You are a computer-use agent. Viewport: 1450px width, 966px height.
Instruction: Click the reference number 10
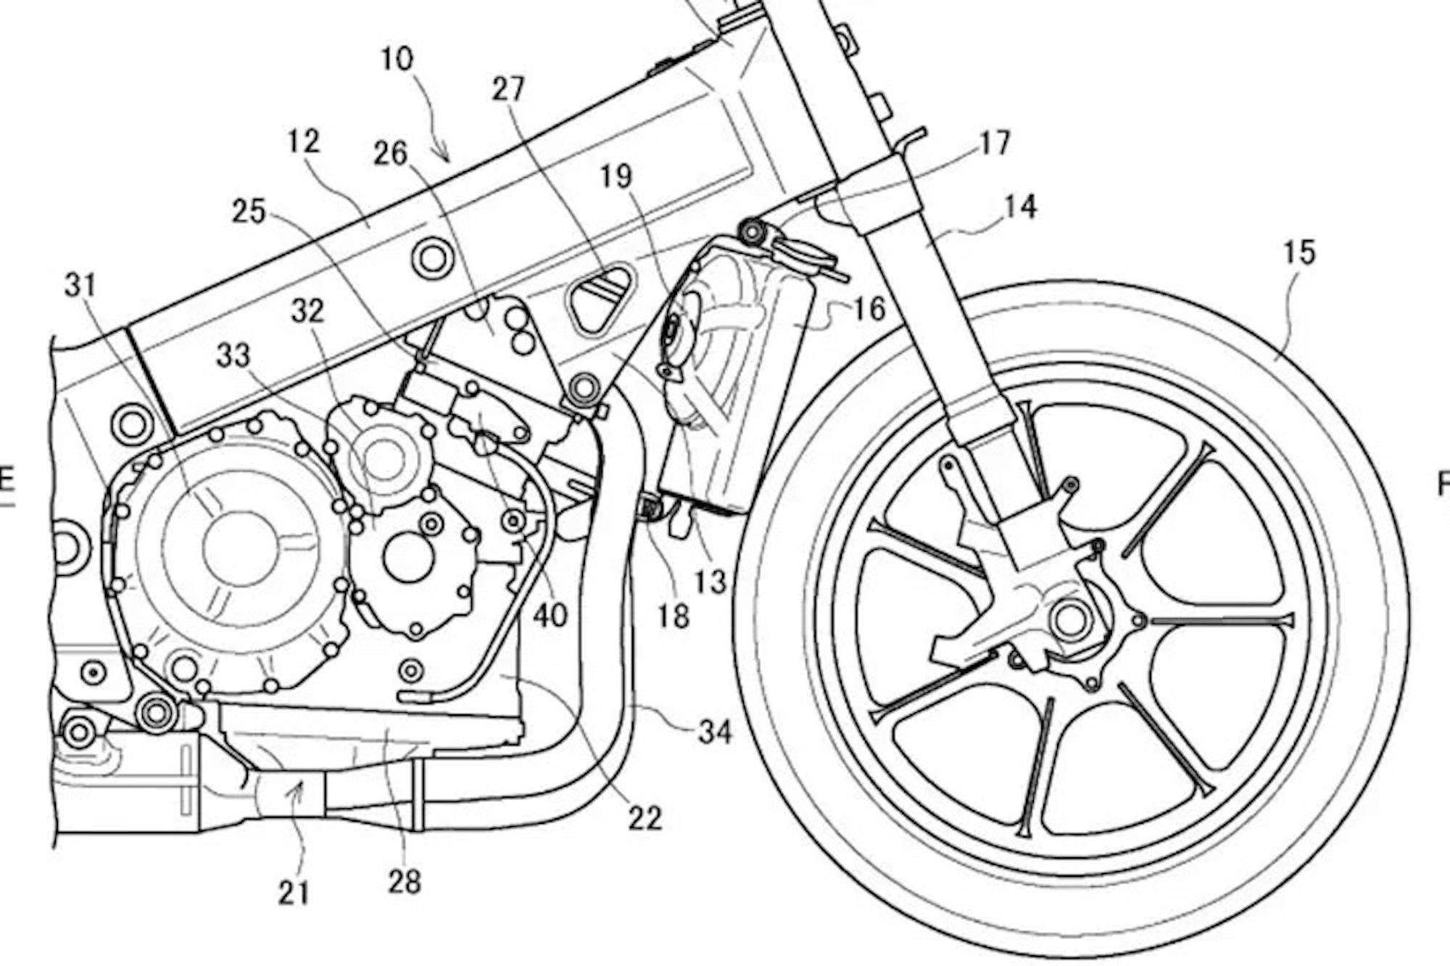pos(397,59)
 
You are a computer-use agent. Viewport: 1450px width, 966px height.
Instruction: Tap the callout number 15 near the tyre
pos(1298,253)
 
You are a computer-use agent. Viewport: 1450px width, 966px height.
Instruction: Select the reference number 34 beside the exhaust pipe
pos(715,732)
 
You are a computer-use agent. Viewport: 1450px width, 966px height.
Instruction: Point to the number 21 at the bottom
pos(294,893)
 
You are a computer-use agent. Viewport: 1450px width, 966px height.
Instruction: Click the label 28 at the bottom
pos(404,882)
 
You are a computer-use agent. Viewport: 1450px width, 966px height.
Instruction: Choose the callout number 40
pos(550,616)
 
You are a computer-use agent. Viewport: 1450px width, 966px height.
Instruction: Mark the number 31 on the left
pos(80,286)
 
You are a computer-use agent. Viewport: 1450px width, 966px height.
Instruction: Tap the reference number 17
pos(994,144)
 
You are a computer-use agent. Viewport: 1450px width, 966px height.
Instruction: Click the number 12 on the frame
pos(303,141)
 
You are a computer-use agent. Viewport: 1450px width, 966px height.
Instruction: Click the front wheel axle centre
pos(1070,621)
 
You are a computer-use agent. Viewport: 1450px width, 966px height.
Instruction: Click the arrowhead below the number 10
pos(445,157)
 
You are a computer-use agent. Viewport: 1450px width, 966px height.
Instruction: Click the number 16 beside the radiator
pos(869,309)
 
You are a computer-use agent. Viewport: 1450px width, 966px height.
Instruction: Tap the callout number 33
pos(233,356)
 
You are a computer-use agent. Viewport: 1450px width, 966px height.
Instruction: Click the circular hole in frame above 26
pos(433,257)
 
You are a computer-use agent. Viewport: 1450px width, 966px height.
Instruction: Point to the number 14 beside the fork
pos(1020,207)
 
